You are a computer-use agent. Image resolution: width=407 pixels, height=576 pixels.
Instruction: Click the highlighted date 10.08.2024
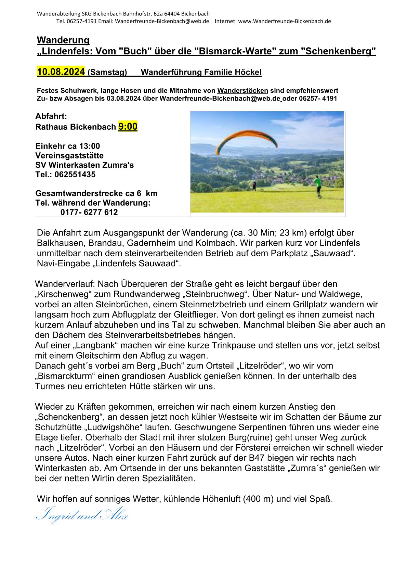(x=61, y=72)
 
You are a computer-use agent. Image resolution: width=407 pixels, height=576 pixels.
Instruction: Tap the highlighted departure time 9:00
(x=128, y=127)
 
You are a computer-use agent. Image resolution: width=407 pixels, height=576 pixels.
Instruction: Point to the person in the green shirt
(x=318, y=185)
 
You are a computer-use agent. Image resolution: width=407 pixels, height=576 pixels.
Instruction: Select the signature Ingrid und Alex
(x=82, y=515)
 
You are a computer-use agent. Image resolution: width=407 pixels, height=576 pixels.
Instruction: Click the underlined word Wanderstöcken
(x=242, y=91)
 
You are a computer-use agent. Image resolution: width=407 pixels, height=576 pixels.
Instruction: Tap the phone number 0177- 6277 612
(x=89, y=212)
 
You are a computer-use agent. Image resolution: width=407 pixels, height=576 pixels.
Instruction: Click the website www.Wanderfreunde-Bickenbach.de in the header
(x=285, y=21)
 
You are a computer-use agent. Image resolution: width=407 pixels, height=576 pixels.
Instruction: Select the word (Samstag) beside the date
(x=107, y=73)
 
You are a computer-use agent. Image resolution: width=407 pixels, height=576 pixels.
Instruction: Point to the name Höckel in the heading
(x=248, y=73)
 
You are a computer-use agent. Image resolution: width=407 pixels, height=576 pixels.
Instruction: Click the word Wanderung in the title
(x=63, y=40)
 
